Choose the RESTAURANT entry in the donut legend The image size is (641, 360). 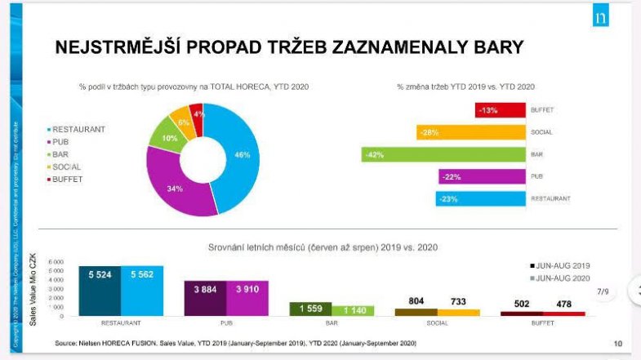click(x=78, y=129)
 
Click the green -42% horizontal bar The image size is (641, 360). click(x=443, y=154)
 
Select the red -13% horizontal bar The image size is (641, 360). click(x=500, y=110)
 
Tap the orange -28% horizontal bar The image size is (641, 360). click(x=470, y=132)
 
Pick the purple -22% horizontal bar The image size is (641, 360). click(x=482, y=176)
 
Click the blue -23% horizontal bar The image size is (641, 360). click(x=480, y=198)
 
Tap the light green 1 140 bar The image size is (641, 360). click(x=353, y=310)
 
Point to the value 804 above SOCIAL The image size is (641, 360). click(x=416, y=300)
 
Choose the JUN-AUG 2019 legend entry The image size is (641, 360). click(x=560, y=265)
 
